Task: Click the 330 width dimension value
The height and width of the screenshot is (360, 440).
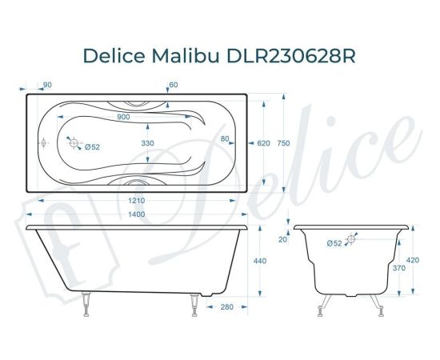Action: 148,142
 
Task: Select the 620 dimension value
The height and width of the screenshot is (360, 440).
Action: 264,143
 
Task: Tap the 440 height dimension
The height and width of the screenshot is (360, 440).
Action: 260,261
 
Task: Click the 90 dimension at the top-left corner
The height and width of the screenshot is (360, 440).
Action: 48,84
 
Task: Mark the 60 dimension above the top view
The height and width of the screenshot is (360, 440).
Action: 173,84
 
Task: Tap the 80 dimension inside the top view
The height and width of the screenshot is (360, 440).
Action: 225,139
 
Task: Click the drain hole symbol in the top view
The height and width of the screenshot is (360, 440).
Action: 74,145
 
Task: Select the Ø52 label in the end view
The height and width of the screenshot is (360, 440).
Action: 335,242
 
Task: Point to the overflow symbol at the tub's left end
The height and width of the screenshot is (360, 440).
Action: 42,145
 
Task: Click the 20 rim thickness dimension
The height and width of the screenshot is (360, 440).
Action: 282,239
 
